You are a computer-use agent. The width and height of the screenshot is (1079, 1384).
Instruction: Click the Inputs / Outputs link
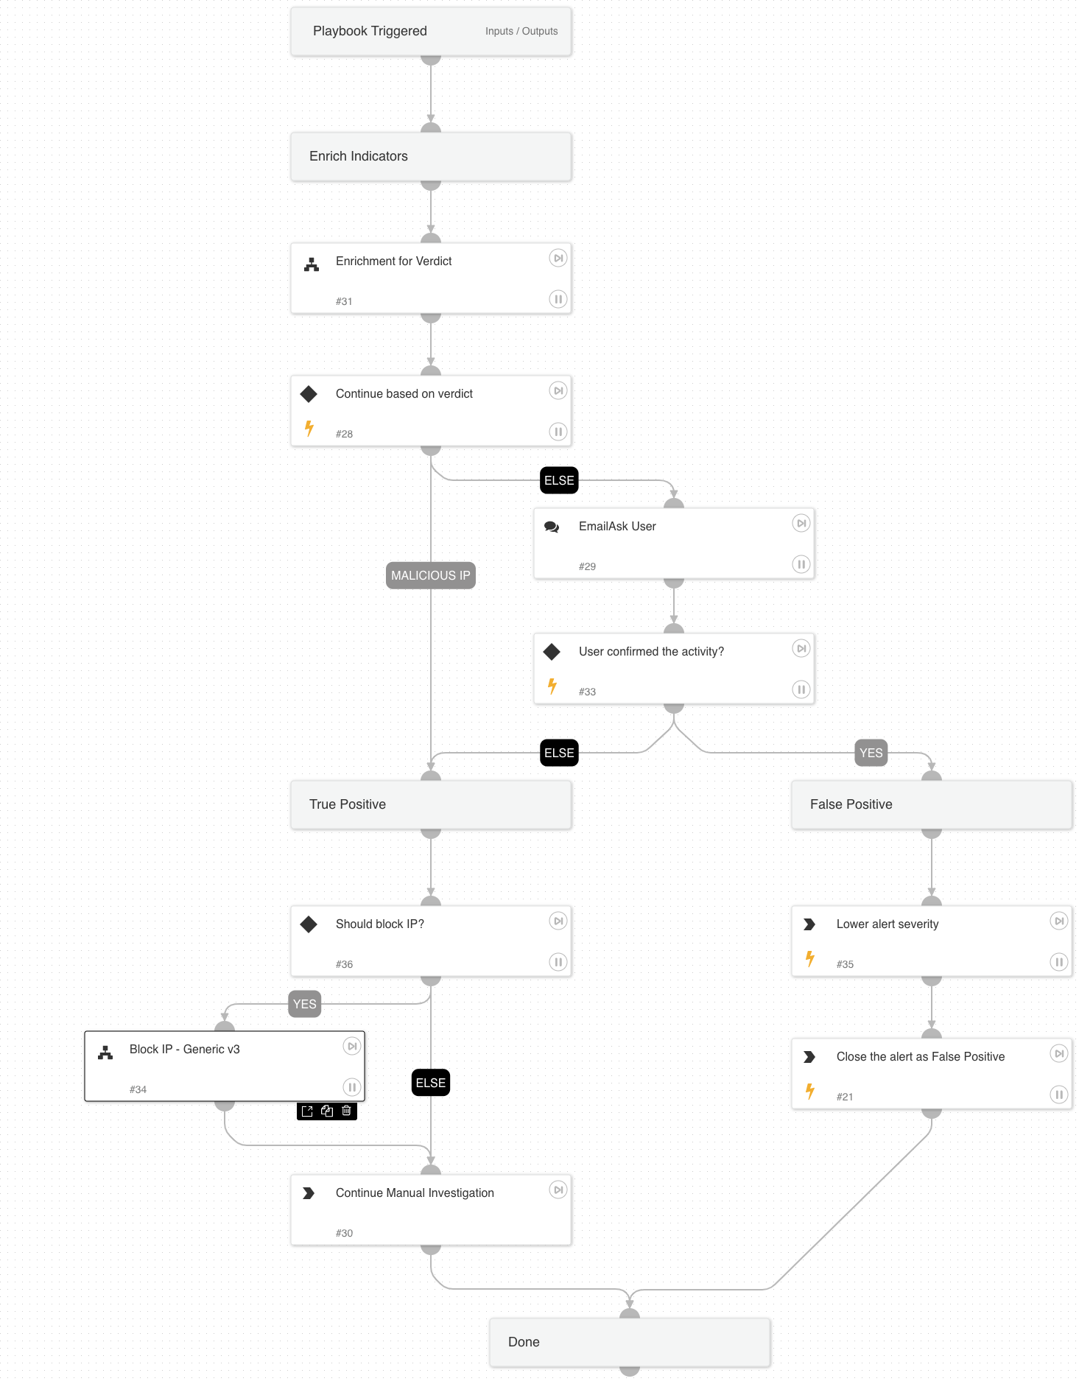coord(521,31)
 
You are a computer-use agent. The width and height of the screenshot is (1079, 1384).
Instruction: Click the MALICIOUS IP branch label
coord(430,575)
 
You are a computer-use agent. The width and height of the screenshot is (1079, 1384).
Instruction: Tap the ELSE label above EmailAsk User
coord(559,480)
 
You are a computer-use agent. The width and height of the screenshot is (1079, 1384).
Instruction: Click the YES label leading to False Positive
coord(871,753)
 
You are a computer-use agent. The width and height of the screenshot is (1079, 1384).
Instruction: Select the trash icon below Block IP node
coord(347,1111)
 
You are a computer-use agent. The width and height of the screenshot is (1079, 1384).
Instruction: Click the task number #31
coord(344,301)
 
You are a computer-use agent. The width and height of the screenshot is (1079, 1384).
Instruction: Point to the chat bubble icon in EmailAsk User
coord(552,527)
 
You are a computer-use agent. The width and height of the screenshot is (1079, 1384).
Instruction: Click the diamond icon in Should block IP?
coord(309,924)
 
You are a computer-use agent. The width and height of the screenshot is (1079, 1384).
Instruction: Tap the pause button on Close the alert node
coord(1058,1095)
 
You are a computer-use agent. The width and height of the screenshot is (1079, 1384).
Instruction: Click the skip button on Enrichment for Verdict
coord(558,259)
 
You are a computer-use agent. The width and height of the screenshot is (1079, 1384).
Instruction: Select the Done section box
coord(630,1342)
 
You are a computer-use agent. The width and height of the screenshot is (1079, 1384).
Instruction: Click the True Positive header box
coord(431,804)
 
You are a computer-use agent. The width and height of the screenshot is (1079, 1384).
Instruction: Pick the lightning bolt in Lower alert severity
coord(809,959)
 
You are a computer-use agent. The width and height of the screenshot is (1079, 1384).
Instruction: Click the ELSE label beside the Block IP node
coord(430,1083)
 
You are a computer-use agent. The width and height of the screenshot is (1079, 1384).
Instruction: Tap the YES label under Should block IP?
coord(304,1004)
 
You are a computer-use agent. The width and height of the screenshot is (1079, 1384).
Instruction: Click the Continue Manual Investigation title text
coord(415,1192)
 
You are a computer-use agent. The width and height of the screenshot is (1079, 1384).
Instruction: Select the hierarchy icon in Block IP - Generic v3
coord(105,1053)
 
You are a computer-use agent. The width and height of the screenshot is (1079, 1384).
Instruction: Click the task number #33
coord(587,692)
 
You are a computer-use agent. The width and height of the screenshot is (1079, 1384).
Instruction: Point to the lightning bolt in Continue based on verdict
coord(309,429)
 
